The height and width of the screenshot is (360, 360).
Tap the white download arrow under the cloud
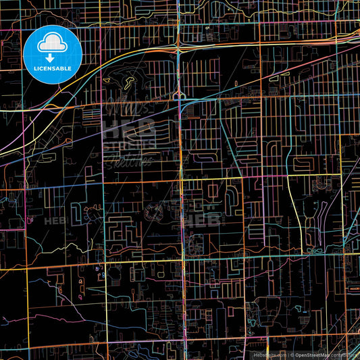click(x=52, y=56)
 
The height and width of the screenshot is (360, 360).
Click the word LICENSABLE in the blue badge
click(x=52, y=68)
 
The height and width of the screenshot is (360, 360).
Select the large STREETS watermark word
click(x=128, y=143)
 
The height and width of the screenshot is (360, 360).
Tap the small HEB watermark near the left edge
click(x=54, y=220)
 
